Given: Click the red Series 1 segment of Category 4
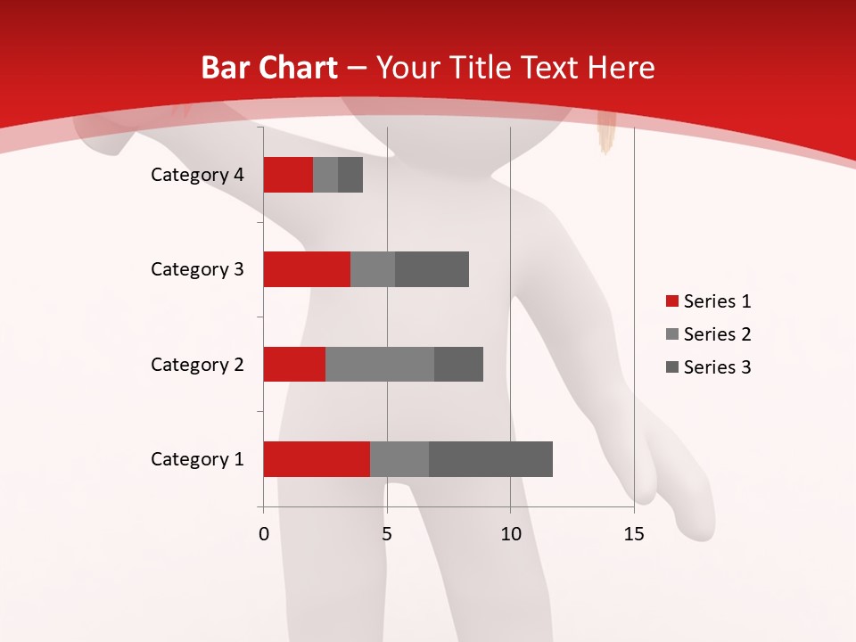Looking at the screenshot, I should [x=288, y=175].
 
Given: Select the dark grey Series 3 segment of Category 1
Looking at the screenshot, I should [x=490, y=459].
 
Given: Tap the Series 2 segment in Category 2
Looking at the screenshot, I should [x=380, y=364].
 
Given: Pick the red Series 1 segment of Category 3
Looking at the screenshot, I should [x=307, y=269].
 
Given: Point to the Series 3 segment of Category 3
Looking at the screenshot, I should [x=432, y=269].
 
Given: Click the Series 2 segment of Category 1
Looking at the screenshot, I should [x=399, y=459].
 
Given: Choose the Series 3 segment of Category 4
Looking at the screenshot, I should [x=350, y=175].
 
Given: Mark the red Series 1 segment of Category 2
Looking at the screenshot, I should [x=294, y=364].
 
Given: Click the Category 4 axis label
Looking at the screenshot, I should [x=197, y=175].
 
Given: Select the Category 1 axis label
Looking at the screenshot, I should [x=197, y=459].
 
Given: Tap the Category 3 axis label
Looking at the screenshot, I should [x=197, y=269].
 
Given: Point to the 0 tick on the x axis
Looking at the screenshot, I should [x=264, y=534].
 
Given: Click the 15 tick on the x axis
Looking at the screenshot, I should [x=633, y=534].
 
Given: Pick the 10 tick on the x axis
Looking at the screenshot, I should [x=510, y=534].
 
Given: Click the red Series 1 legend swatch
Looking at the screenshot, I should [x=671, y=301].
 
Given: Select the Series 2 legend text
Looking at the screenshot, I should [x=717, y=334].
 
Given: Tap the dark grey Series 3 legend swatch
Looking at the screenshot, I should [x=671, y=367].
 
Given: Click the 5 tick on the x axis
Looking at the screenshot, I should [x=387, y=534].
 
